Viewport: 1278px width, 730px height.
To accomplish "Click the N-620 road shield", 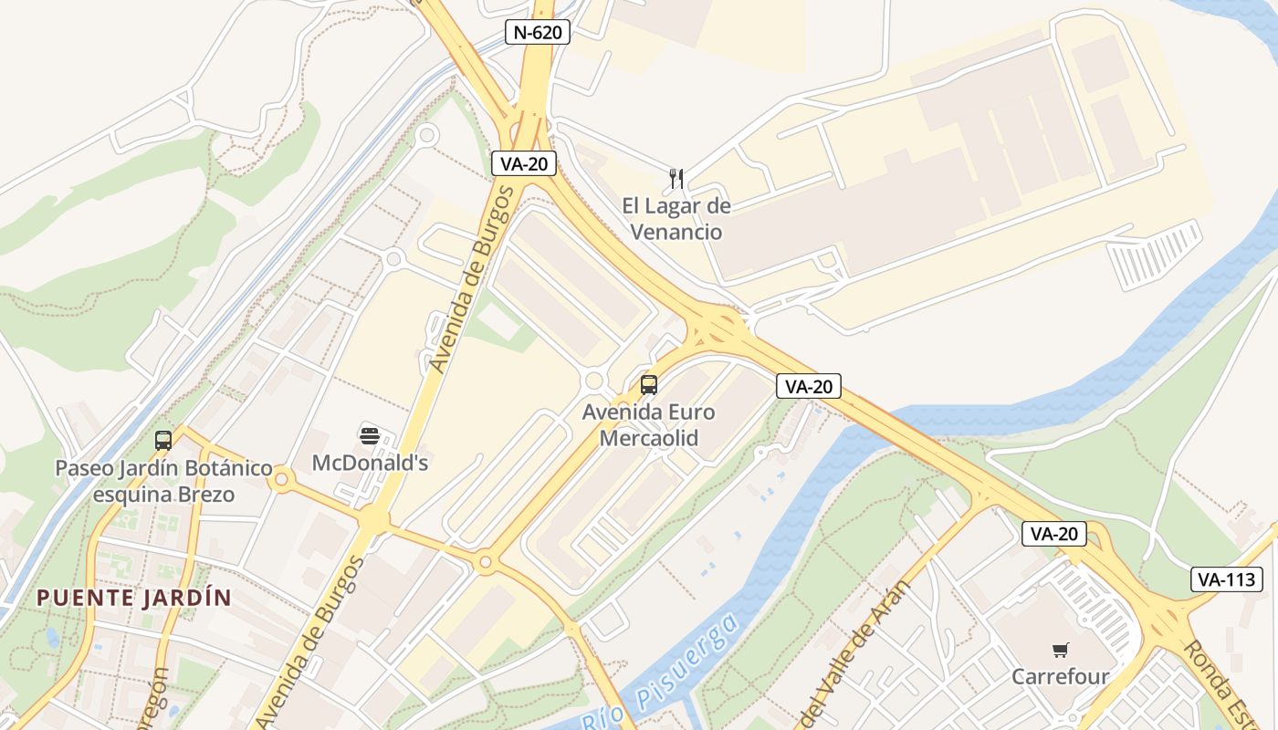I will click(538, 33).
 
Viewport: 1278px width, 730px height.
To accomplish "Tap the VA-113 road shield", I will click(1227, 579).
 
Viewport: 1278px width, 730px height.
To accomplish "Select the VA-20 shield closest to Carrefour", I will click(1054, 534).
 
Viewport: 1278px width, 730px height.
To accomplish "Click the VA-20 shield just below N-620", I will click(523, 163).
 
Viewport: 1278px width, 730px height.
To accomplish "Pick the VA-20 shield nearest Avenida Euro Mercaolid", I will click(808, 386).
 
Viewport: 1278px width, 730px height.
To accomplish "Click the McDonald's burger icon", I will click(370, 435).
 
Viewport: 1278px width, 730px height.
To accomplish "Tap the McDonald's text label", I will click(370, 463).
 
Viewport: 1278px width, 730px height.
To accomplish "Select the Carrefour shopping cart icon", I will click(1060, 651).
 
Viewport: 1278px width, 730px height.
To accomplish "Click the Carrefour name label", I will click(1060, 677).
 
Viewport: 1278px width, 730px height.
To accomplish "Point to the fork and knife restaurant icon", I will click(676, 178).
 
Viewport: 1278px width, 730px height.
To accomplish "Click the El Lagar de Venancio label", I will click(676, 219).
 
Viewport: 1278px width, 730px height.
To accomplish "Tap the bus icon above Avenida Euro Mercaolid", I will click(649, 385).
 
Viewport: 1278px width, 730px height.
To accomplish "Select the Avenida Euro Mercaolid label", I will click(649, 425).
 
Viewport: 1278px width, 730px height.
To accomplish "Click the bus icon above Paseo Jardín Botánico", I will click(163, 441).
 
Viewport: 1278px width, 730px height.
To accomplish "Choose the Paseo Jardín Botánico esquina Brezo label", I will click(163, 482).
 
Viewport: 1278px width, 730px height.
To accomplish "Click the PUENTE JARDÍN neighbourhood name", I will click(133, 599).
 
